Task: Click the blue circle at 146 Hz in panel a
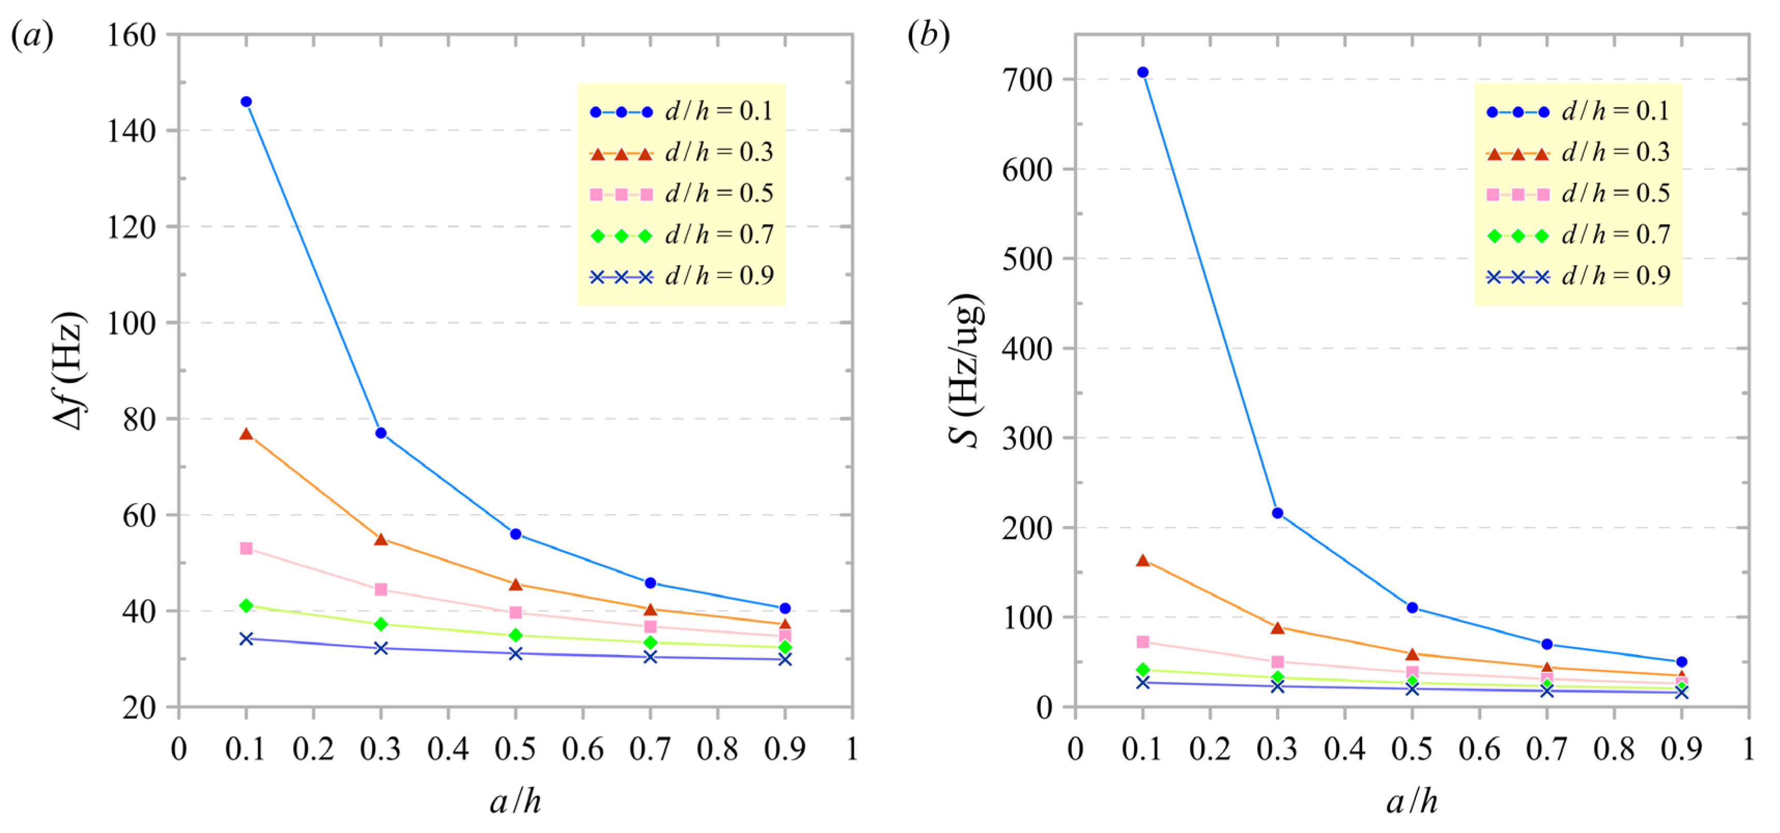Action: pyautogui.click(x=246, y=101)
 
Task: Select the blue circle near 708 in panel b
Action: pyautogui.click(x=1142, y=72)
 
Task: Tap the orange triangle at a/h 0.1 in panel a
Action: pyautogui.click(x=246, y=434)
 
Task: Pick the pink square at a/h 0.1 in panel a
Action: pyautogui.click(x=246, y=548)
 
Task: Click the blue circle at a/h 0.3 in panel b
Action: pyautogui.click(x=1277, y=513)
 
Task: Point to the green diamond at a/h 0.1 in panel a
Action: pyautogui.click(x=246, y=606)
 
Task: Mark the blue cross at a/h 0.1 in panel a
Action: pyautogui.click(x=246, y=639)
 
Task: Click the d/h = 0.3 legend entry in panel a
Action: pyautogui.click(x=681, y=153)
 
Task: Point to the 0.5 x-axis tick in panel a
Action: pyautogui.click(x=515, y=749)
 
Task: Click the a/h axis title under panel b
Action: pyautogui.click(x=1412, y=802)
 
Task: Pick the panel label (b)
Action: pyautogui.click(x=928, y=35)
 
